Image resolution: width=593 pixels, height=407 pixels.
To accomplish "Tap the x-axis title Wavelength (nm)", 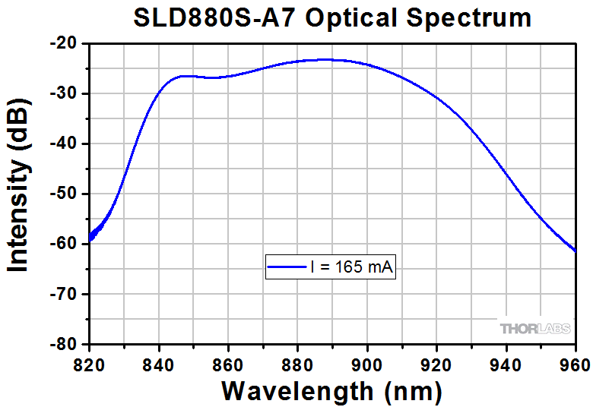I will (x=331, y=391).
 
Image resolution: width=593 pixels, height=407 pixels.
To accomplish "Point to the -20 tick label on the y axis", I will (x=65, y=44).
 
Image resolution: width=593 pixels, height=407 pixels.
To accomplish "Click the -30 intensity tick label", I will (x=65, y=94).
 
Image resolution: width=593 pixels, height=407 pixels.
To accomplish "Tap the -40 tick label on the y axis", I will (x=65, y=144).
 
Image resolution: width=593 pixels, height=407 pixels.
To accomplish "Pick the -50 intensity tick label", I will (x=65, y=194).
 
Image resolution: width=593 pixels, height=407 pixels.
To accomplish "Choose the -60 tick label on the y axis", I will (x=65, y=244).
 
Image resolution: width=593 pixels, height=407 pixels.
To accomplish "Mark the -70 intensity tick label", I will (x=65, y=294).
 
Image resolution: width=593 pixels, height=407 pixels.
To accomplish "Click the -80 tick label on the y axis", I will (x=65, y=344).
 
